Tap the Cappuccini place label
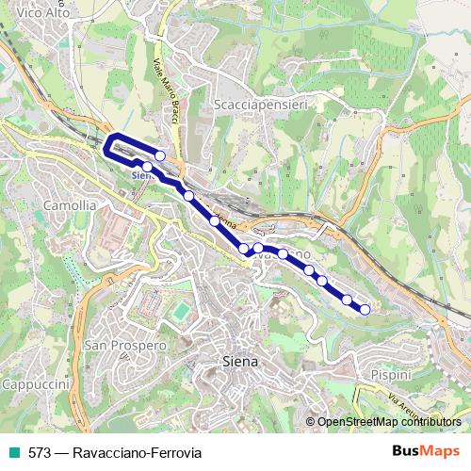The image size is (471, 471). [x=36, y=385]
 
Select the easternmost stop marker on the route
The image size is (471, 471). [x=365, y=309]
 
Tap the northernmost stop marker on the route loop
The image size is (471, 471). [x=160, y=155]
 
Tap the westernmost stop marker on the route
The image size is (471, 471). [x=147, y=168]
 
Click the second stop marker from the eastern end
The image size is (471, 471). [x=348, y=300]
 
